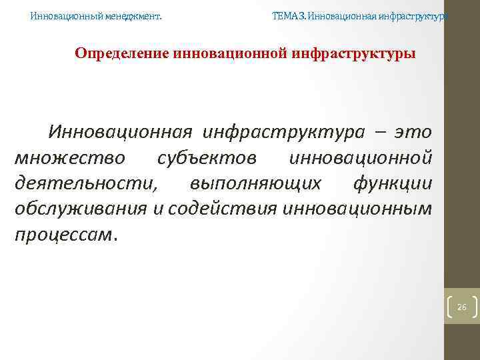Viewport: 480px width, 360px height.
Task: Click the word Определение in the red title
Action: (121, 53)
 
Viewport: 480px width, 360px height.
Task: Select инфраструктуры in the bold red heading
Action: (353, 53)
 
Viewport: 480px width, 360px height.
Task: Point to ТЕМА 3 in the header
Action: (289, 15)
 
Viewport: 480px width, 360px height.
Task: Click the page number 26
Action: (461, 307)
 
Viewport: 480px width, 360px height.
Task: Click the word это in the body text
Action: (413, 132)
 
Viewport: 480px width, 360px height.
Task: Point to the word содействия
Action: (223, 209)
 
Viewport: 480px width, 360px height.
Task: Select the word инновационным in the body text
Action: (357, 209)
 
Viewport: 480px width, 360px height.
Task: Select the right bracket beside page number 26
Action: (474, 307)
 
